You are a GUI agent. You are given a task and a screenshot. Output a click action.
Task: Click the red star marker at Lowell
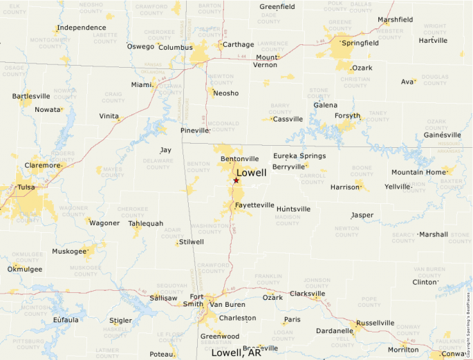[x=236, y=180]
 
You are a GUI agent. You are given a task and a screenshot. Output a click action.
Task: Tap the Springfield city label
[x=360, y=43]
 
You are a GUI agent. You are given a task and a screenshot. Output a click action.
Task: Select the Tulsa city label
[x=26, y=187]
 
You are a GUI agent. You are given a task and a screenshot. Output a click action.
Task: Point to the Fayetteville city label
[x=254, y=206]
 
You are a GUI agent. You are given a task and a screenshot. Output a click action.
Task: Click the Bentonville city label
[x=239, y=159]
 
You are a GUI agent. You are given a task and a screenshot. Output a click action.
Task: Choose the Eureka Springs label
[x=299, y=156]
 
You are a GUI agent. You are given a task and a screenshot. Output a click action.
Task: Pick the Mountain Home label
[x=418, y=172]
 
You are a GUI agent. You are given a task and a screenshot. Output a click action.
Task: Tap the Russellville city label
[x=375, y=323]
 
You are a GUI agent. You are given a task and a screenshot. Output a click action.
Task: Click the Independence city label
[x=82, y=28]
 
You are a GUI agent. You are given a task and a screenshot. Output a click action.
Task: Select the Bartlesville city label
[x=31, y=96]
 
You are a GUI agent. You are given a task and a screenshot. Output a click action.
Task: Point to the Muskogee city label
[x=69, y=251]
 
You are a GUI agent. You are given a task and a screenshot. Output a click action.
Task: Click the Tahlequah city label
[x=146, y=223]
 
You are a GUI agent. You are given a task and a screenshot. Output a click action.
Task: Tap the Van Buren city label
[x=227, y=304]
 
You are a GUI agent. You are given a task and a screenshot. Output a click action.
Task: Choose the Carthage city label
[x=239, y=44]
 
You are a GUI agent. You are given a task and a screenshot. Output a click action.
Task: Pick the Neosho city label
[x=226, y=93]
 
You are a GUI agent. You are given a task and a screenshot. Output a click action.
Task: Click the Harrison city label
[x=345, y=187]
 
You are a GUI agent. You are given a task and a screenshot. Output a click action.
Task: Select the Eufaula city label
[x=66, y=320]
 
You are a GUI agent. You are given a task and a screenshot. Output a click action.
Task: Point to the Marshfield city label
[x=395, y=19]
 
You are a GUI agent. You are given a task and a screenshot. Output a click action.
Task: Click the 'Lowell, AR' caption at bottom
[x=236, y=352]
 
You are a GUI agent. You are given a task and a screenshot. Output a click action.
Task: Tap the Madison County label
[x=287, y=220]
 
